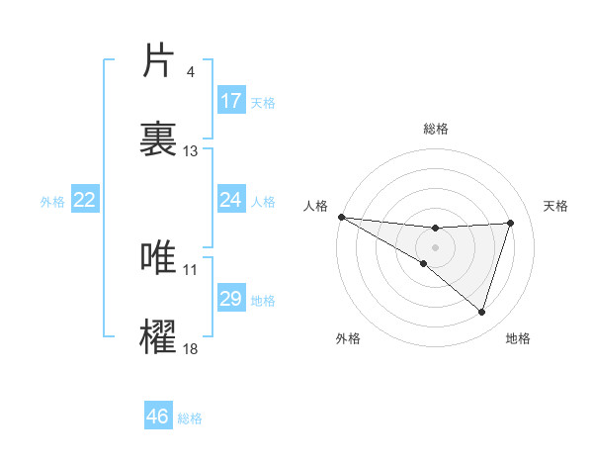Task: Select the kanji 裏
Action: tap(159, 139)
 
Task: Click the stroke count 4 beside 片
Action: tap(190, 72)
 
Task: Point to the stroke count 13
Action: tap(190, 151)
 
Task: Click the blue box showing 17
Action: tap(231, 101)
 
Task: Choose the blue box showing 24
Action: tap(231, 200)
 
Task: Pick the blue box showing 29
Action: tap(231, 299)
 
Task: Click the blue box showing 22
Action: tap(85, 200)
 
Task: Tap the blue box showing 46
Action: tap(158, 417)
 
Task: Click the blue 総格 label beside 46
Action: tap(190, 418)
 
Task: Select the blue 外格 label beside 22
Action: tap(52, 202)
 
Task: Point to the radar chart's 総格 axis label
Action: tap(435, 129)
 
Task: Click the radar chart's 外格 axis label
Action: tap(348, 338)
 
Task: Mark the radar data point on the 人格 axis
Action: tap(341, 216)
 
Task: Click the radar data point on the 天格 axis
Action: tap(510, 223)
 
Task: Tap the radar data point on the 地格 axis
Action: tap(481, 313)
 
